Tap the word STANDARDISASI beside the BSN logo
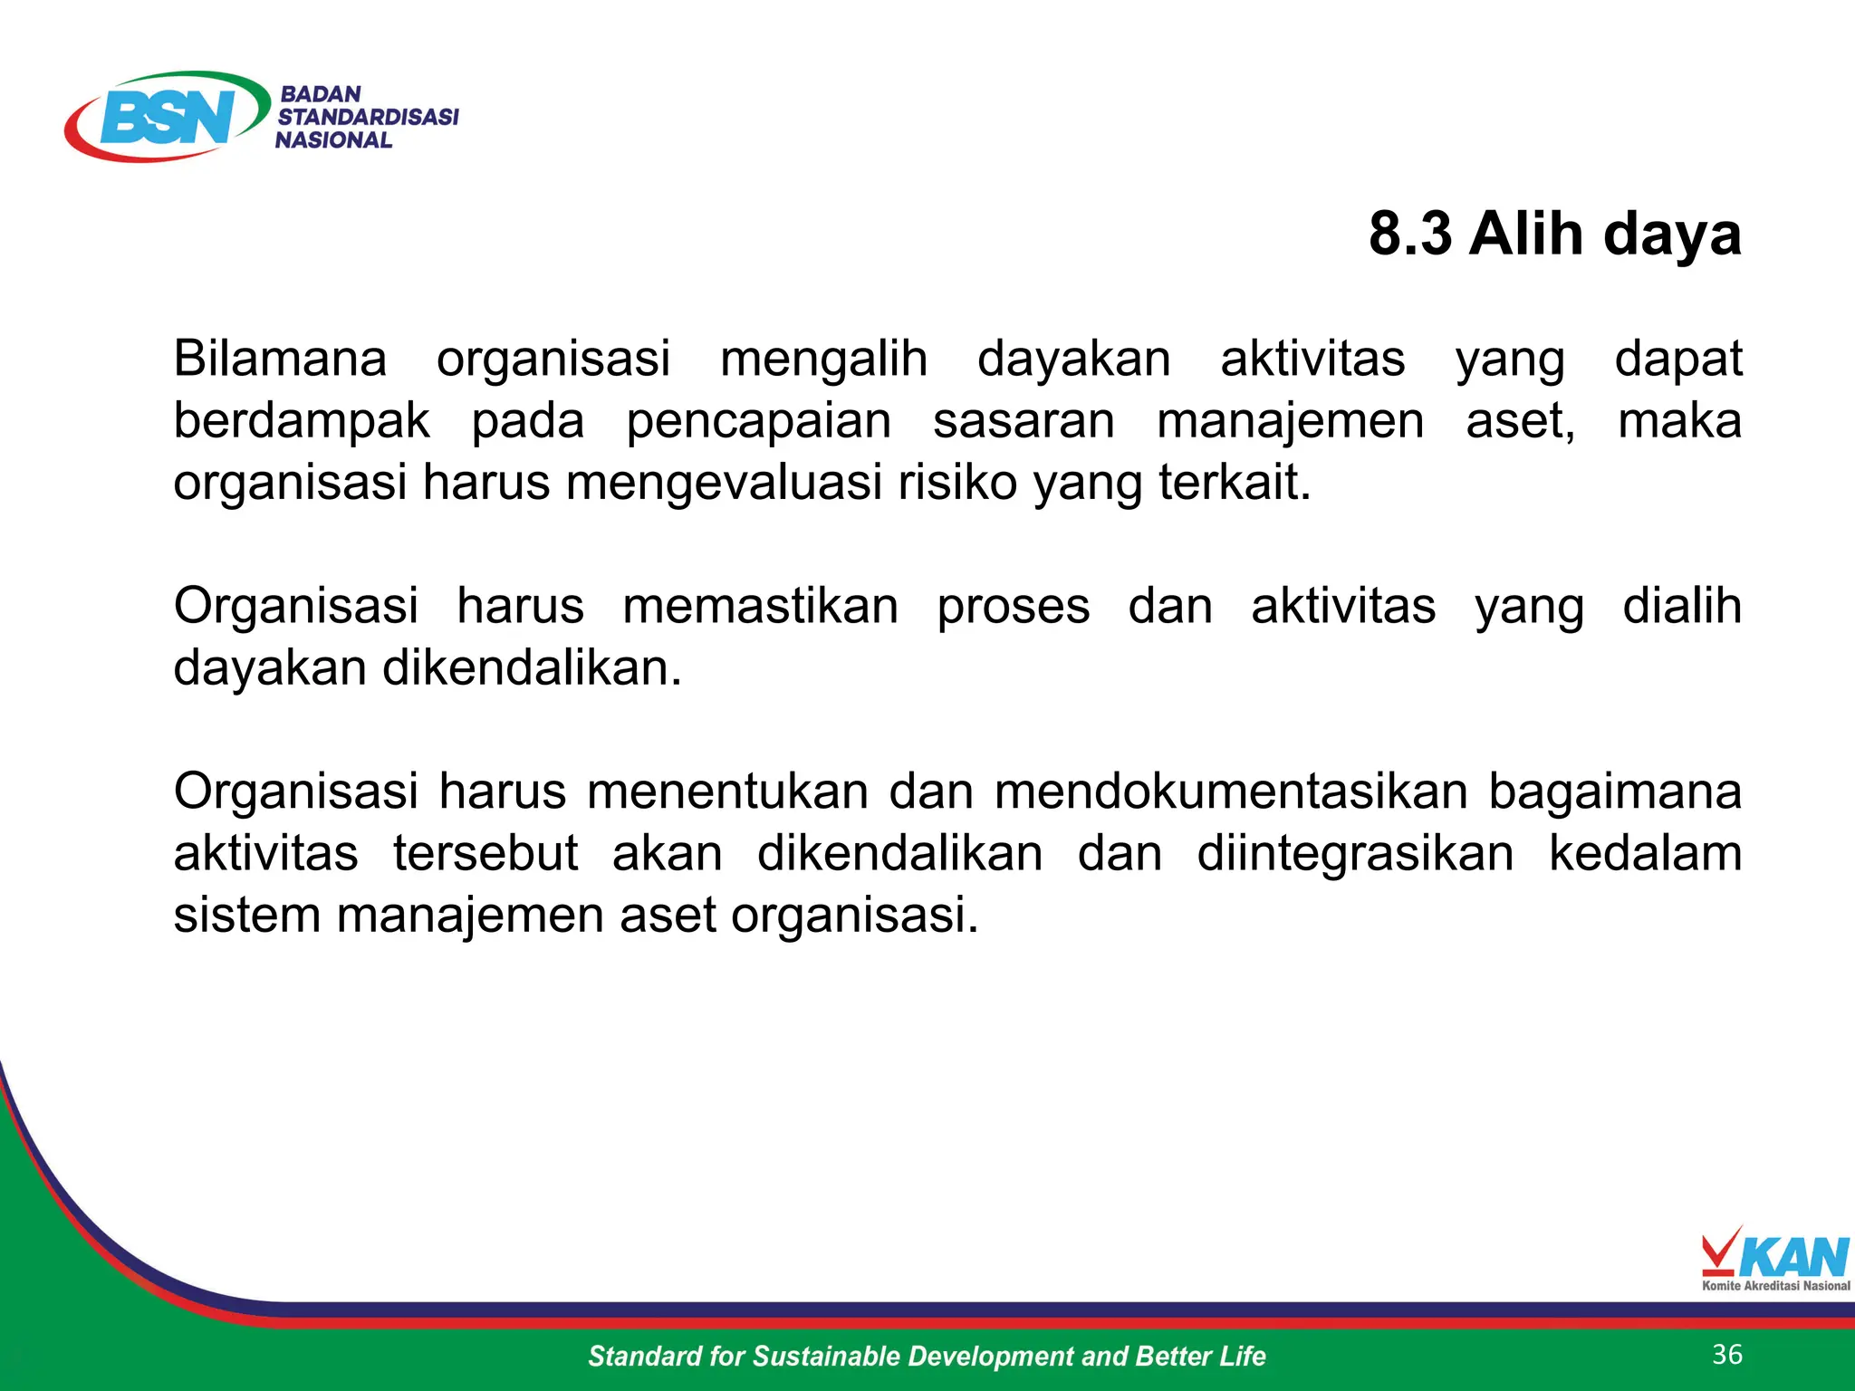(x=368, y=117)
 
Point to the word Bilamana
(x=280, y=359)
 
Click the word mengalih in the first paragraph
(x=823, y=359)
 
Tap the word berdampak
(x=302, y=421)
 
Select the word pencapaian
(x=759, y=421)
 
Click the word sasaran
(x=1024, y=421)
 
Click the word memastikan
(x=760, y=606)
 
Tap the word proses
(x=1013, y=606)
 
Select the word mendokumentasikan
(x=1231, y=791)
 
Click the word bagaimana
(x=1615, y=791)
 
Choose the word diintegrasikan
(x=1355, y=853)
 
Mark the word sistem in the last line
(x=246, y=915)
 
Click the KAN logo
(x=1775, y=1259)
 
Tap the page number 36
(x=1727, y=1354)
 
